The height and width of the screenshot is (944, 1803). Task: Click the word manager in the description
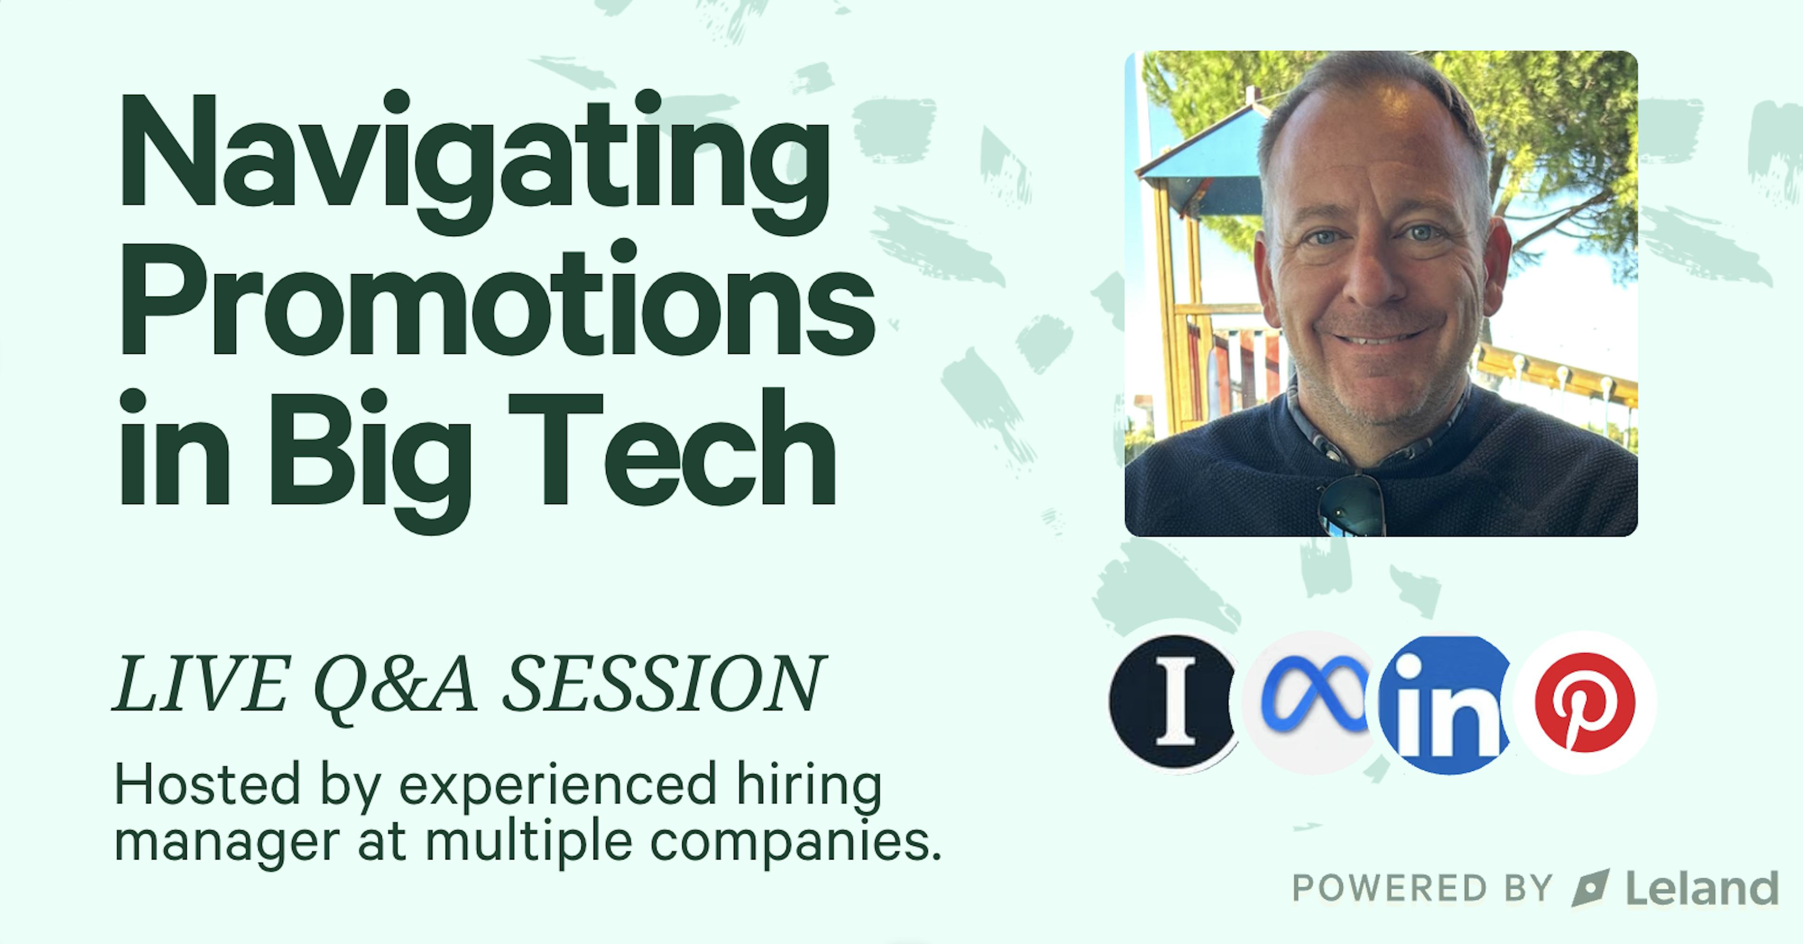pos(227,842)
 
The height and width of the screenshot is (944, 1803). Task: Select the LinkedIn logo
pos(1445,703)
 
